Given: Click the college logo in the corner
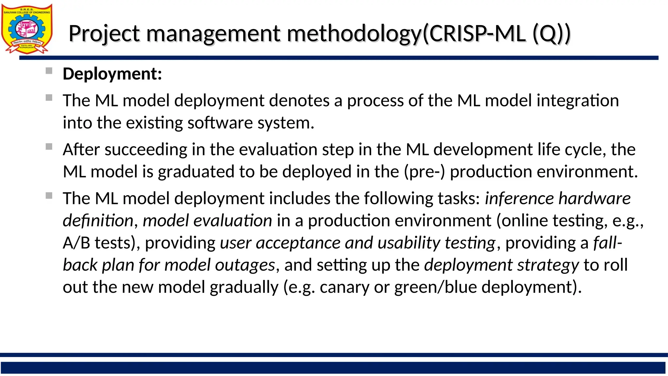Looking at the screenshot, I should coord(27,29).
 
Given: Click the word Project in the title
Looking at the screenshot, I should coord(104,34).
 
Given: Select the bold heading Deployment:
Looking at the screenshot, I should coord(112,74).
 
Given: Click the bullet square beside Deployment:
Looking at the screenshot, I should coord(49,71).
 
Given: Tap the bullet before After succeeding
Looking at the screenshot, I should coord(49,147).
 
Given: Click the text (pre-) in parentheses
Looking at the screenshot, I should coord(424,172).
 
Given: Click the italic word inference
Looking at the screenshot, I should coord(519,199).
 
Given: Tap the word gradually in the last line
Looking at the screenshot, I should coord(244,288).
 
